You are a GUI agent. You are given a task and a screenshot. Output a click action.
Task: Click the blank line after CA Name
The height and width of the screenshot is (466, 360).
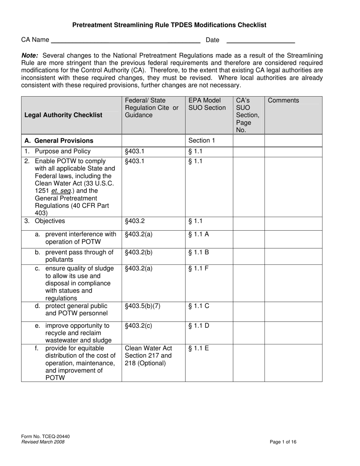[125, 41]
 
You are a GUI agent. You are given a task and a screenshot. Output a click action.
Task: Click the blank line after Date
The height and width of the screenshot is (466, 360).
[260, 41]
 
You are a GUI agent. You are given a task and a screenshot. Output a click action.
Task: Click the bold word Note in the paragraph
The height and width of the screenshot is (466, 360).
[29, 55]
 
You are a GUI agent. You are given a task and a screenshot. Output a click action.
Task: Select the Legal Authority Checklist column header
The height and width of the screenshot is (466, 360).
[63, 115]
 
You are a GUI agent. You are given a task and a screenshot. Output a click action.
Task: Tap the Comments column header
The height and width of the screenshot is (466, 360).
[283, 101]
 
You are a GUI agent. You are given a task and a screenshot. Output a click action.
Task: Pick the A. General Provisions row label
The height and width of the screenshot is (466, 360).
[59, 141]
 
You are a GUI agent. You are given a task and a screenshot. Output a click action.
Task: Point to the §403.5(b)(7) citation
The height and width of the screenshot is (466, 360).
[143, 306]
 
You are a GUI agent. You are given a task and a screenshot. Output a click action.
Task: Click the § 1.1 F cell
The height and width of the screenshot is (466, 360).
[199, 269]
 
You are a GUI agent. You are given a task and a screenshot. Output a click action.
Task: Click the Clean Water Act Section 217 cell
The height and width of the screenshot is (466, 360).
[148, 355]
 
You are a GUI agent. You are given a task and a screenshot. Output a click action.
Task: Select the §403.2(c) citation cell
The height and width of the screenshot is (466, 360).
[138, 326]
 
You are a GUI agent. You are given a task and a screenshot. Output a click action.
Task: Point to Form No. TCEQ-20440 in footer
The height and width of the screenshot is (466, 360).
[45, 436]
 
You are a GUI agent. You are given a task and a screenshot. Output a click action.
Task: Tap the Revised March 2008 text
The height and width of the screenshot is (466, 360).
[43, 442]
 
